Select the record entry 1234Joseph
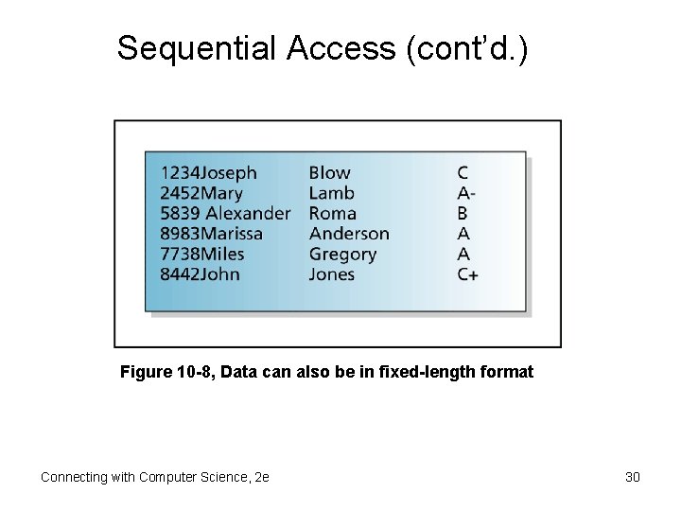click(208, 173)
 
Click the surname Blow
click(329, 173)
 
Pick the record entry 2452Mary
click(201, 193)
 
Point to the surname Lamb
click(332, 193)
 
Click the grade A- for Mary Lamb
click(465, 193)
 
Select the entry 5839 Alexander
click(225, 214)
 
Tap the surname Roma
click(333, 214)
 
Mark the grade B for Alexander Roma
click(463, 214)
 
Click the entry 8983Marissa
click(212, 234)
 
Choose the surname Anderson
click(349, 234)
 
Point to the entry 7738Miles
click(202, 254)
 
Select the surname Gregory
click(342, 255)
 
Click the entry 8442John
click(200, 274)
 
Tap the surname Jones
click(332, 274)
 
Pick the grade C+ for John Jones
click(467, 274)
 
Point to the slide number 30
click(633, 477)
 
